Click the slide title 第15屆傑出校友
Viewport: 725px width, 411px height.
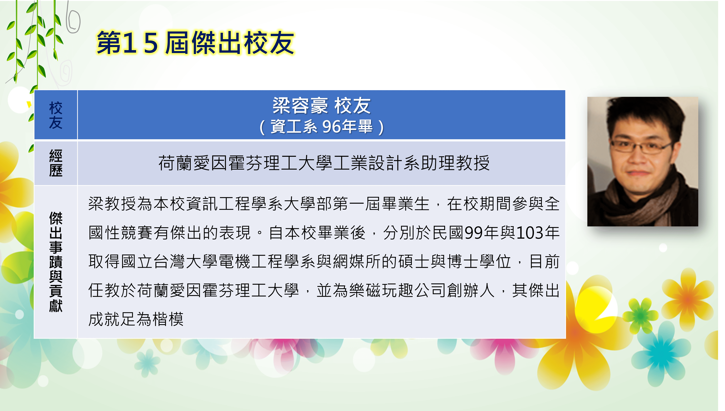pos(195,43)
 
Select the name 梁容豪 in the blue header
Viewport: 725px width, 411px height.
pos(300,106)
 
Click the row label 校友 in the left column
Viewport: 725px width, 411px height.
pos(56,115)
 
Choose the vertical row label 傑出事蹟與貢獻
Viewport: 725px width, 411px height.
pos(56,262)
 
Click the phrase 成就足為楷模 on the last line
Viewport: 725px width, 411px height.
pos(136,319)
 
